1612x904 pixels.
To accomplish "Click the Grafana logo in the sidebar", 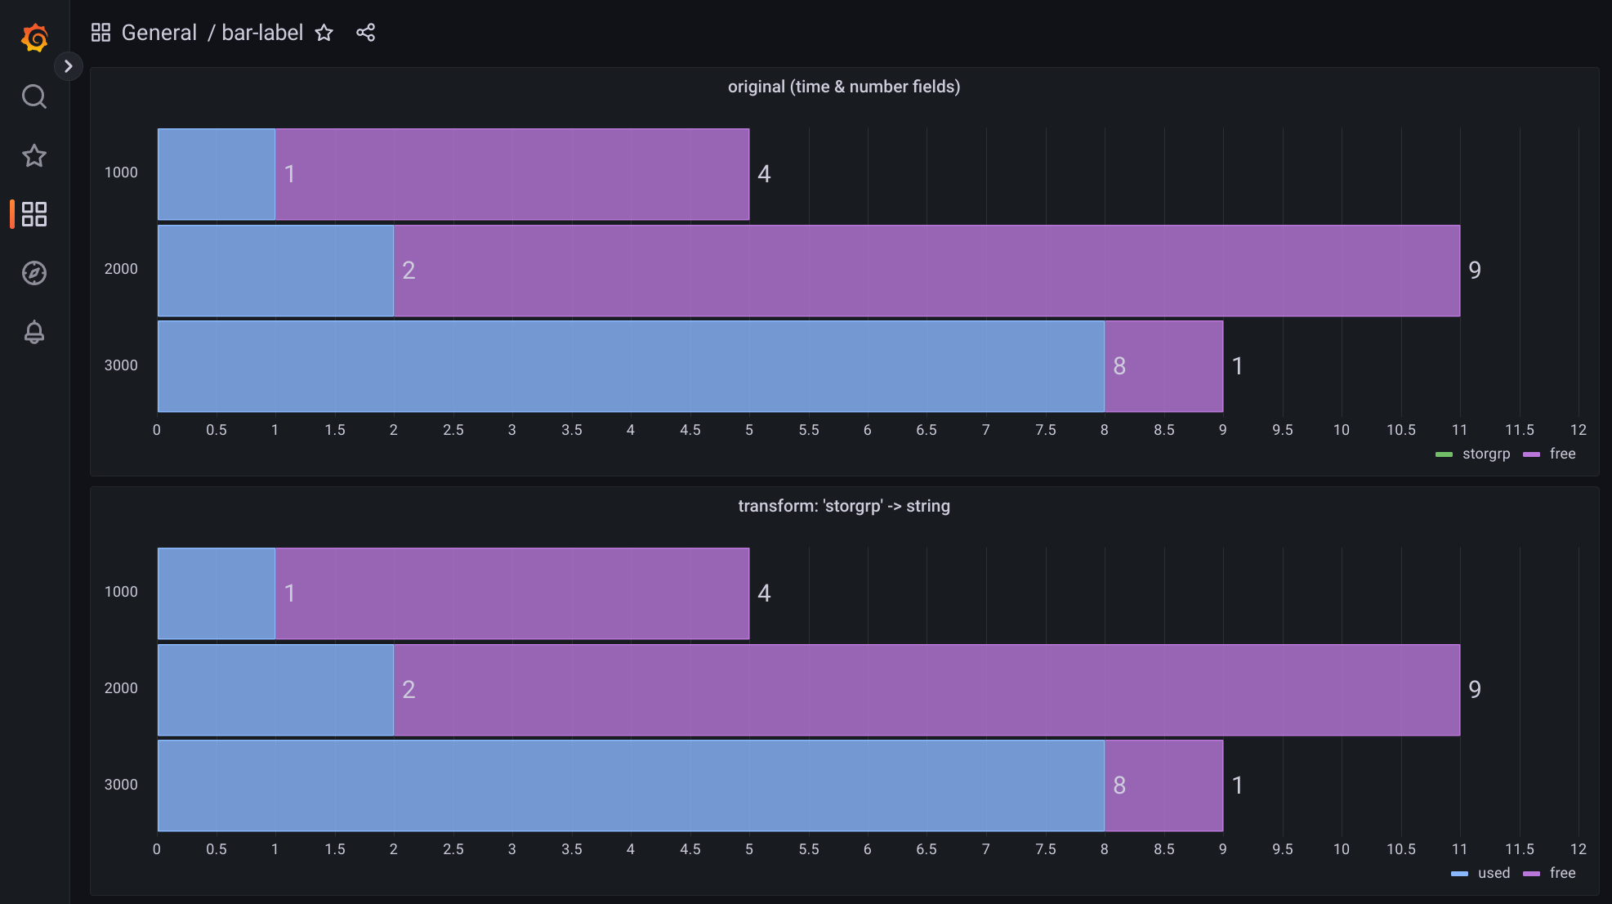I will coord(34,38).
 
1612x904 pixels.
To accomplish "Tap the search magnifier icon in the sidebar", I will coord(34,96).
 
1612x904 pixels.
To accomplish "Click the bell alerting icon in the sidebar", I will coord(34,332).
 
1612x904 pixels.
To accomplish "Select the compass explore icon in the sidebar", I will coord(34,273).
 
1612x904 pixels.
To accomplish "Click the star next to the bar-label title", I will coord(324,33).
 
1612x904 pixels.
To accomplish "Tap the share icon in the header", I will coord(365,33).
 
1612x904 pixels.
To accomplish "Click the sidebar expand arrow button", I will coord(69,66).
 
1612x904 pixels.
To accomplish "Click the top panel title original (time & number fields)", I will coord(843,87).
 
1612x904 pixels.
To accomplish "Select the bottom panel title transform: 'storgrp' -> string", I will coord(843,506).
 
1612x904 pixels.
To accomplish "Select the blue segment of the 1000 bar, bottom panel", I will coord(216,593).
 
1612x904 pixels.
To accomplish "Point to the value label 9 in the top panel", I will coord(1475,271).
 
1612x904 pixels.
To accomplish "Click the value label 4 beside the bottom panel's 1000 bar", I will coord(764,593).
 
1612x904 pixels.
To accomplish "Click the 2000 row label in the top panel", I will coord(121,269).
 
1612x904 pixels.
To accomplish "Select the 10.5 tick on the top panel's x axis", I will coord(1400,430).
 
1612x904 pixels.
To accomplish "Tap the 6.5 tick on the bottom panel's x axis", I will coord(926,849).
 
